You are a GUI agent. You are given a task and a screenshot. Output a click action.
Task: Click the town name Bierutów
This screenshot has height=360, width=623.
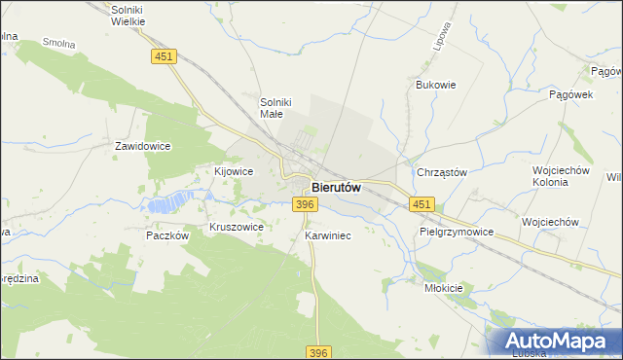tap(337, 187)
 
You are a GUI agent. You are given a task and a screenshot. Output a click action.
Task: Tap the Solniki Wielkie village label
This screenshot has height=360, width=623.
tap(128, 14)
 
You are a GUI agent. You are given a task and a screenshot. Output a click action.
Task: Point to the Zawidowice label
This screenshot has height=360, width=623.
tap(143, 146)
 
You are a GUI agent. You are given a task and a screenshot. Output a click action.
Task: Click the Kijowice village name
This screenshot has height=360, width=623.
tap(234, 171)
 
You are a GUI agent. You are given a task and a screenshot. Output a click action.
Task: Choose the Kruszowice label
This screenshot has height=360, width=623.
tap(237, 227)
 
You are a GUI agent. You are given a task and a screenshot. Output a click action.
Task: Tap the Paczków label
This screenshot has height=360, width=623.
tap(166, 235)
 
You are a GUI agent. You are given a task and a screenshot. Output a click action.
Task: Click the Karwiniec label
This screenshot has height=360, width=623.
tap(327, 236)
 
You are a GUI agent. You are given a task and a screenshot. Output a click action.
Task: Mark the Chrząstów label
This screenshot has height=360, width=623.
tap(442, 172)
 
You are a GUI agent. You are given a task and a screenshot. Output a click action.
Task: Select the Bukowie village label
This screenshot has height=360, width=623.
tap(436, 85)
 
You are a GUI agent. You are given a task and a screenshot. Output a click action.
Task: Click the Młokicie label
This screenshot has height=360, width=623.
tap(444, 288)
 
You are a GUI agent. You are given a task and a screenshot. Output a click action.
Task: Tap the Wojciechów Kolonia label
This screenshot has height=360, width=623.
tap(562, 175)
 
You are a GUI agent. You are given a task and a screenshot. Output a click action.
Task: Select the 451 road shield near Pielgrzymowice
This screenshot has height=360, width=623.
tap(421, 203)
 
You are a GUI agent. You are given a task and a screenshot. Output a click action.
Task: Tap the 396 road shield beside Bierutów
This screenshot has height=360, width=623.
tap(305, 203)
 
